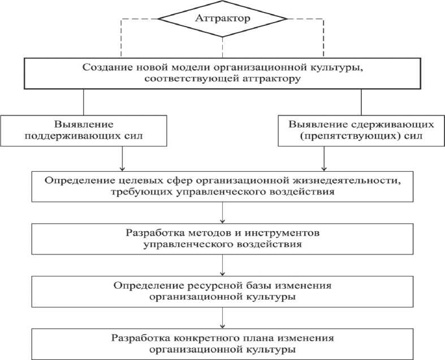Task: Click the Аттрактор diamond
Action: click(x=222, y=18)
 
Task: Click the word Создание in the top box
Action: click(x=105, y=67)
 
